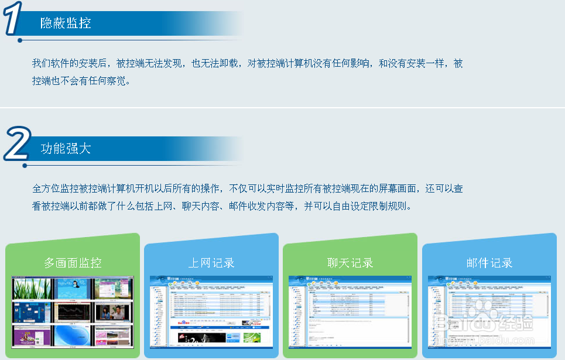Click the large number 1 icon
point(13,19)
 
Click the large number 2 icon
point(16,144)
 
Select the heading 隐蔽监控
point(66,23)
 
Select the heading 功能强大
point(66,148)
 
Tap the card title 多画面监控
point(73,263)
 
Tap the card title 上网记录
point(211,263)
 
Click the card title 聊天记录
point(350,263)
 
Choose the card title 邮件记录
point(489,263)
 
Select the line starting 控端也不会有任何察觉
point(81,81)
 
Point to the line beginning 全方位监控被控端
point(247,188)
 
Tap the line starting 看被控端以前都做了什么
point(222,206)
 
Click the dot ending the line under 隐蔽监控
point(20,40)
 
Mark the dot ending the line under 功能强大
point(25,166)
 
